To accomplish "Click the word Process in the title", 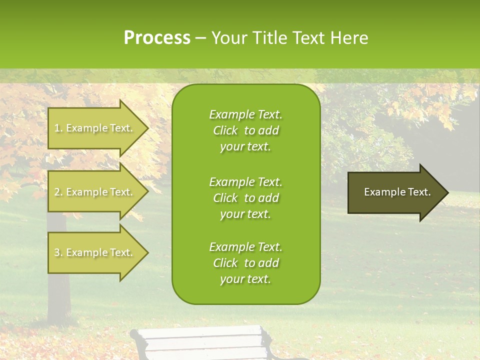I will click(x=157, y=38).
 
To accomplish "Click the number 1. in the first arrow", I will click(x=58, y=128).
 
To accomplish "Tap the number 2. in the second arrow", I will click(x=58, y=192).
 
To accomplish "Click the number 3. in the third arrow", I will click(x=58, y=252).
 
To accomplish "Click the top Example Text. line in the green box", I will click(x=245, y=114).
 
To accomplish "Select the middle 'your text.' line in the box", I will click(x=245, y=214).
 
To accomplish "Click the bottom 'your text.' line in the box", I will click(x=245, y=279).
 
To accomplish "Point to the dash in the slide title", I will click(x=201, y=38).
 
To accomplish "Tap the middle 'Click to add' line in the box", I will click(x=245, y=198).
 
